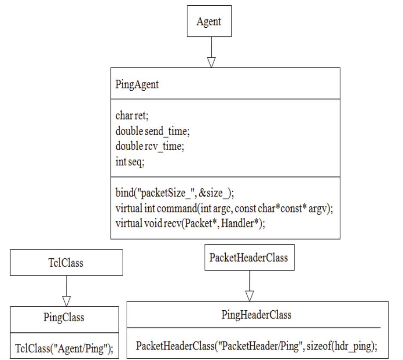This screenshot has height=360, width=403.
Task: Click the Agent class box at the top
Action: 209,22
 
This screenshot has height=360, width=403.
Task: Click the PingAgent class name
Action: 137,84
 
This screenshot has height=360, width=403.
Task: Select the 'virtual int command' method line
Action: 224,208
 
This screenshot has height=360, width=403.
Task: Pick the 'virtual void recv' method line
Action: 191,224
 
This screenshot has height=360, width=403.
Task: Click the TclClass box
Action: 66,263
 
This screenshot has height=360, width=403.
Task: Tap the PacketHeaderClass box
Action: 249,257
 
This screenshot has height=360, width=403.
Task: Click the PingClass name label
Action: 64,317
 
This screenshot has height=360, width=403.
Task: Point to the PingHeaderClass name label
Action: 256,315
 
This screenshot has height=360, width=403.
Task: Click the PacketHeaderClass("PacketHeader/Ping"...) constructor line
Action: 256,346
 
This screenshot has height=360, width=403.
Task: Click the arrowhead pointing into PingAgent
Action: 211,62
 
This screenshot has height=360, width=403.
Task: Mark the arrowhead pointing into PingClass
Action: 66,301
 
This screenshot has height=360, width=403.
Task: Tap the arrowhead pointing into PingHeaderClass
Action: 249,296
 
